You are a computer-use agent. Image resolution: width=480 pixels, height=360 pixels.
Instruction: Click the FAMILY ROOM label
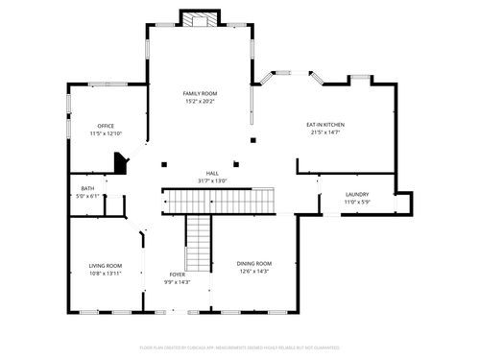point(200,93)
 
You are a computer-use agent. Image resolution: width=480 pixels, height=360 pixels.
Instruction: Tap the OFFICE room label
point(106,126)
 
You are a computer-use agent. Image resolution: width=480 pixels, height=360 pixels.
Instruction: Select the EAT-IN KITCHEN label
point(325,125)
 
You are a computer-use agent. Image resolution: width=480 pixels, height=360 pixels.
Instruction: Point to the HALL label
point(211,174)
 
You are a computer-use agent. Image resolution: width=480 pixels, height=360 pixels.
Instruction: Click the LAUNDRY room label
point(357,195)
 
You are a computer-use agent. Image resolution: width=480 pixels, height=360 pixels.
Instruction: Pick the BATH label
point(87,189)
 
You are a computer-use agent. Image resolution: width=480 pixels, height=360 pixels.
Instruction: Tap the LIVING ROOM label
point(105,266)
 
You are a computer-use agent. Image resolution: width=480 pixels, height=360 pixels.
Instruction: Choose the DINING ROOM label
point(254,263)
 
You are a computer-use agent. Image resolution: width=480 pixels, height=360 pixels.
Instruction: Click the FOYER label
point(177,275)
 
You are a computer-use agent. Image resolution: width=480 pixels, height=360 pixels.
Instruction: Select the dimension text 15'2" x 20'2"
point(200,101)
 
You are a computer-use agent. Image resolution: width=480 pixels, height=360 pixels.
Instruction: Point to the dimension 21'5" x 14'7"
point(325,132)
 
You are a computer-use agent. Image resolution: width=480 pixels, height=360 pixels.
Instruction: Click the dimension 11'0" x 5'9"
point(357,202)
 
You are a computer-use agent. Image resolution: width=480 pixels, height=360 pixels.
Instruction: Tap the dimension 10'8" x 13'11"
point(105,274)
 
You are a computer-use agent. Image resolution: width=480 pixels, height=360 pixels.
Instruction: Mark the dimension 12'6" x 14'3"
point(254,271)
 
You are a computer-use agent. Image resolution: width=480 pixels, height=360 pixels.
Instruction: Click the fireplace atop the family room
point(200,19)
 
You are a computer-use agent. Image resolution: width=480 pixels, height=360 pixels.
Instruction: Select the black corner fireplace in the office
point(120,163)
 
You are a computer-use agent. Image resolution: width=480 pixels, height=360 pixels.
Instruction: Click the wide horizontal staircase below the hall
point(219,201)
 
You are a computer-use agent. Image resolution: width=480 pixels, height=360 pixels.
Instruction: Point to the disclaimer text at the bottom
point(240,347)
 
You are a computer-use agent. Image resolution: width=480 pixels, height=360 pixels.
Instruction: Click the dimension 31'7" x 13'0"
point(211,181)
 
